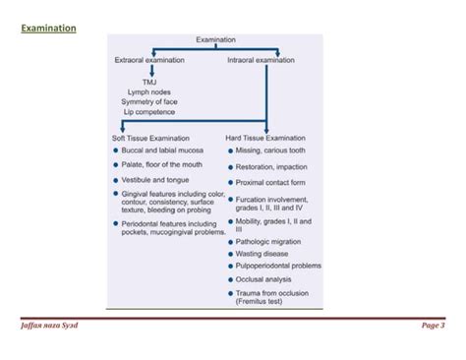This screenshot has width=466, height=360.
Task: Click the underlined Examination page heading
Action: pyautogui.click(x=48, y=29)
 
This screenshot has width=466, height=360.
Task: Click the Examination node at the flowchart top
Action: pyautogui.click(x=215, y=39)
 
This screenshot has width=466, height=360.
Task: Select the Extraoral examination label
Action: pyautogui.click(x=149, y=61)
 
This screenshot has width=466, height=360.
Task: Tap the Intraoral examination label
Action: pyautogui.click(x=261, y=61)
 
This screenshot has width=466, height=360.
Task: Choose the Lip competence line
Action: pyautogui.click(x=148, y=112)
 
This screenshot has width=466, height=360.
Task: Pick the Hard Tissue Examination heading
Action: pyautogui.click(x=265, y=138)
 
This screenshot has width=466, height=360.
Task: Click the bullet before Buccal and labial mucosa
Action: pyautogui.click(x=116, y=150)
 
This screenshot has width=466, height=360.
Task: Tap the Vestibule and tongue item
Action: pyautogui.click(x=155, y=180)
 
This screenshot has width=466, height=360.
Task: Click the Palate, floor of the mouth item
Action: pyautogui.click(x=162, y=165)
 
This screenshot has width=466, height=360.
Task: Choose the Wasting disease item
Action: pyautogui.click(x=265, y=253)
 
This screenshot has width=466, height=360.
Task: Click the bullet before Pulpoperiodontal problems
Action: pyautogui.click(x=230, y=266)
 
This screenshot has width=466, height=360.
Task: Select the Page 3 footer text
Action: pyautogui.click(x=434, y=326)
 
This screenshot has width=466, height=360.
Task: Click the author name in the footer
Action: pyautogui.click(x=52, y=326)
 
